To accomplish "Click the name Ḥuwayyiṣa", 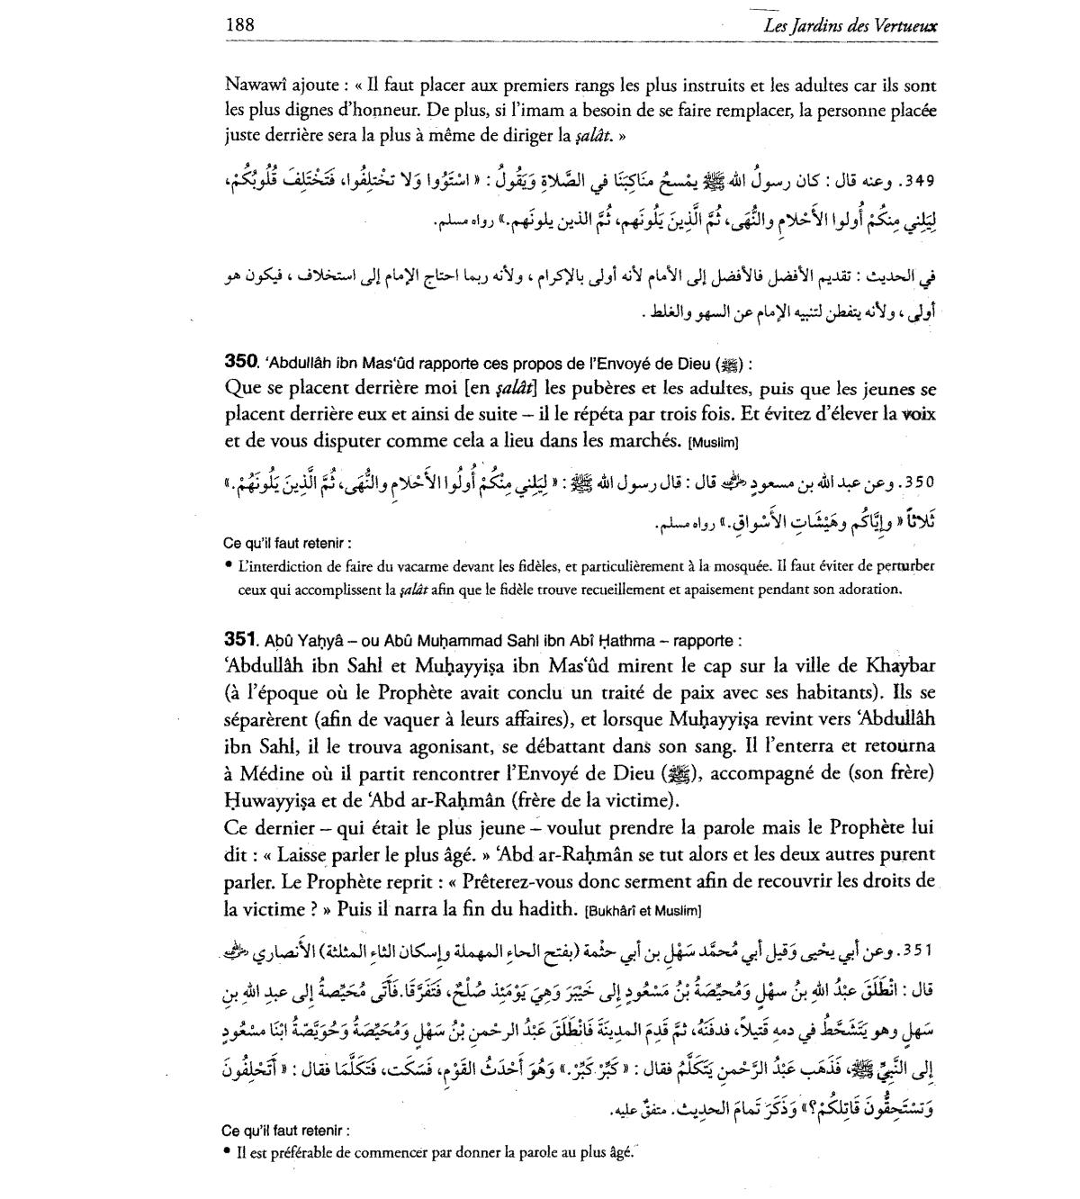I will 267,800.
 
